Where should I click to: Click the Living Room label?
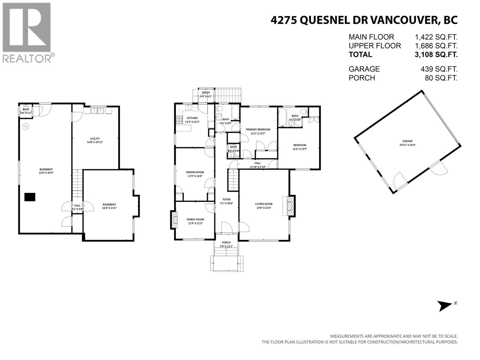point(264,204)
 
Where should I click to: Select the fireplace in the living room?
point(290,205)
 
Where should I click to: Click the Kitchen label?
point(192,118)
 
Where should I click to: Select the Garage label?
point(407,141)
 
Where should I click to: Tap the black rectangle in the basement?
point(30,197)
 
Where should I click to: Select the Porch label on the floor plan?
point(226,242)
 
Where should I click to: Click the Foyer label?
point(226,199)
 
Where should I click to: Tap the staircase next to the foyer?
point(233,180)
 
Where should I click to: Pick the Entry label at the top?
point(206,93)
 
